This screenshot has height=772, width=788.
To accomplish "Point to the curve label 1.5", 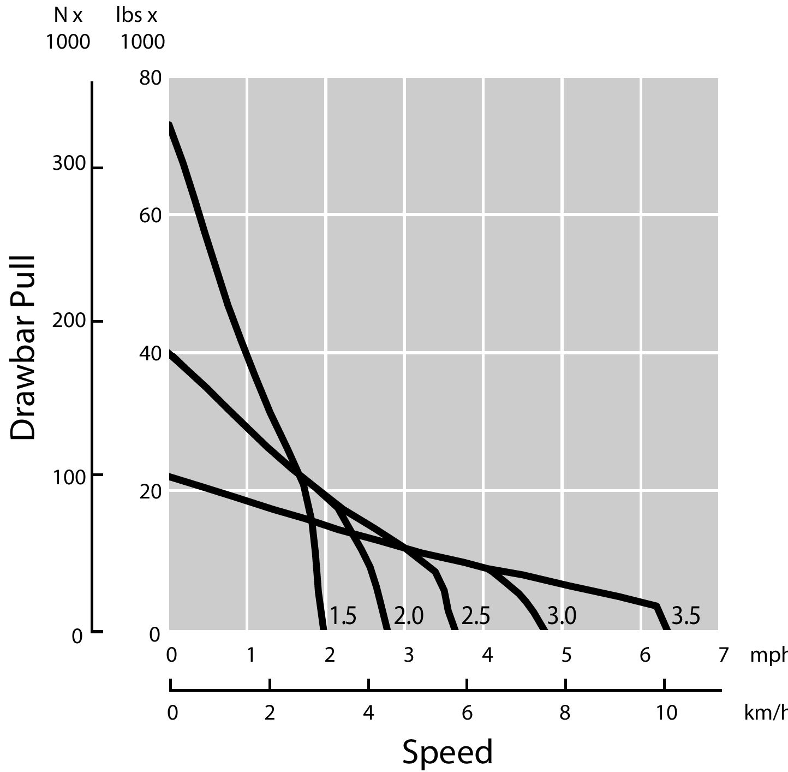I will tap(343, 616).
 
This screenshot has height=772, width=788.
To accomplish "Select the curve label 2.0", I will tap(409, 616).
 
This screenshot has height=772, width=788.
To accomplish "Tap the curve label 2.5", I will tap(476, 616).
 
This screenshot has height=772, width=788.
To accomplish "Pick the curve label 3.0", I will tap(562, 616).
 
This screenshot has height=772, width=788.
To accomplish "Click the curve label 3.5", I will tap(685, 616).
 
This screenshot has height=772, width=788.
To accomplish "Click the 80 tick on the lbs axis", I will tap(151, 79).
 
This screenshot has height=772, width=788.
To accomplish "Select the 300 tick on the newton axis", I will tap(69, 164).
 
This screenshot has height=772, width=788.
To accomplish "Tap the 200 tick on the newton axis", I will tap(69, 320).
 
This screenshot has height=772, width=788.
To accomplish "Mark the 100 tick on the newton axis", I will tap(69, 477).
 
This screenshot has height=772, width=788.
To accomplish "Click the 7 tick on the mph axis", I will tap(724, 655).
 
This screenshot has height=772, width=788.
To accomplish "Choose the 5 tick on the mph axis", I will tap(566, 655).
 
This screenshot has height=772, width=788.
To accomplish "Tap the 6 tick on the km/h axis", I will tap(467, 712).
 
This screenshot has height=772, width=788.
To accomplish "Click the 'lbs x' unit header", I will tap(137, 15).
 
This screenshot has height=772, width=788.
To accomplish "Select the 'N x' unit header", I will tap(68, 15).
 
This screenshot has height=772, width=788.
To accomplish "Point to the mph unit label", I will tap(768, 655).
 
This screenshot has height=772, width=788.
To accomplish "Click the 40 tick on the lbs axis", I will tap(151, 354).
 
